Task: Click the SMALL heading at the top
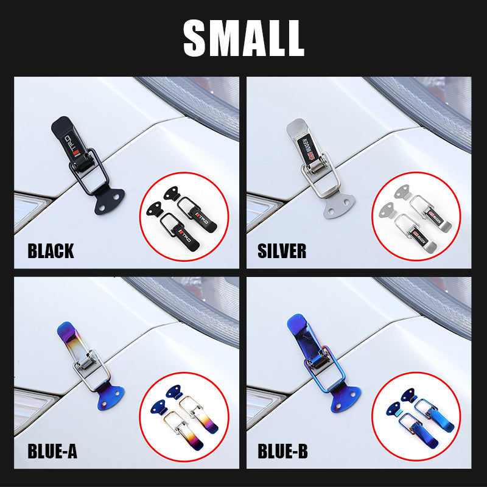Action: pyautogui.click(x=243, y=38)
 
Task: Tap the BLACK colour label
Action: pyautogui.click(x=51, y=251)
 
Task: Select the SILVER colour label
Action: pyautogui.click(x=282, y=251)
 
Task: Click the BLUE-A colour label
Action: pyautogui.click(x=52, y=452)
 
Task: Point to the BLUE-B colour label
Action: pyautogui.click(x=282, y=452)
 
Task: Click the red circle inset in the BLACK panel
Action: pyautogui.click(x=184, y=217)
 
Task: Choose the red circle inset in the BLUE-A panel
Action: pyautogui.click(x=184, y=416)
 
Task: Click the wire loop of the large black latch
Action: pyautogui.click(x=97, y=173)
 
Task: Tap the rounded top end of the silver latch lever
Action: pyautogui.click(x=294, y=126)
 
